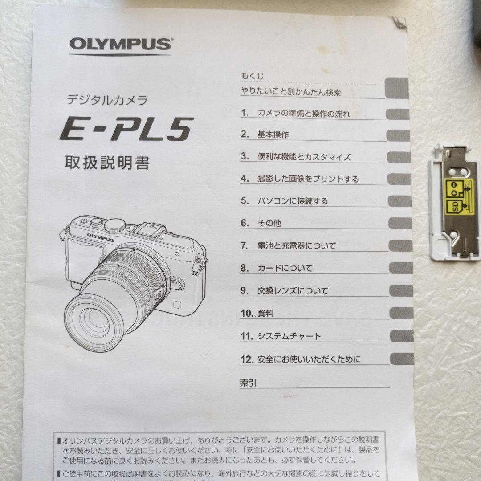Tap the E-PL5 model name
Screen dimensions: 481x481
(x=126, y=129)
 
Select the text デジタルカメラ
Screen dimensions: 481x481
(x=107, y=100)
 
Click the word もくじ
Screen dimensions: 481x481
(x=252, y=76)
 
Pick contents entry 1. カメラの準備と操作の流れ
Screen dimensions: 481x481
(x=295, y=113)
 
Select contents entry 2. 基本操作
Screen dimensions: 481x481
(x=265, y=135)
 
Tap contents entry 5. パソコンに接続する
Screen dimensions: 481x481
(x=284, y=201)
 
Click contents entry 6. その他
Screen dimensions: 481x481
(x=261, y=223)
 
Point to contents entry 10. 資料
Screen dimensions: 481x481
(x=257, y=314)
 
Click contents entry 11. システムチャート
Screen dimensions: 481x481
(x=281, y=336)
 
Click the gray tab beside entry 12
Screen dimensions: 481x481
(x=402, y=359)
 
